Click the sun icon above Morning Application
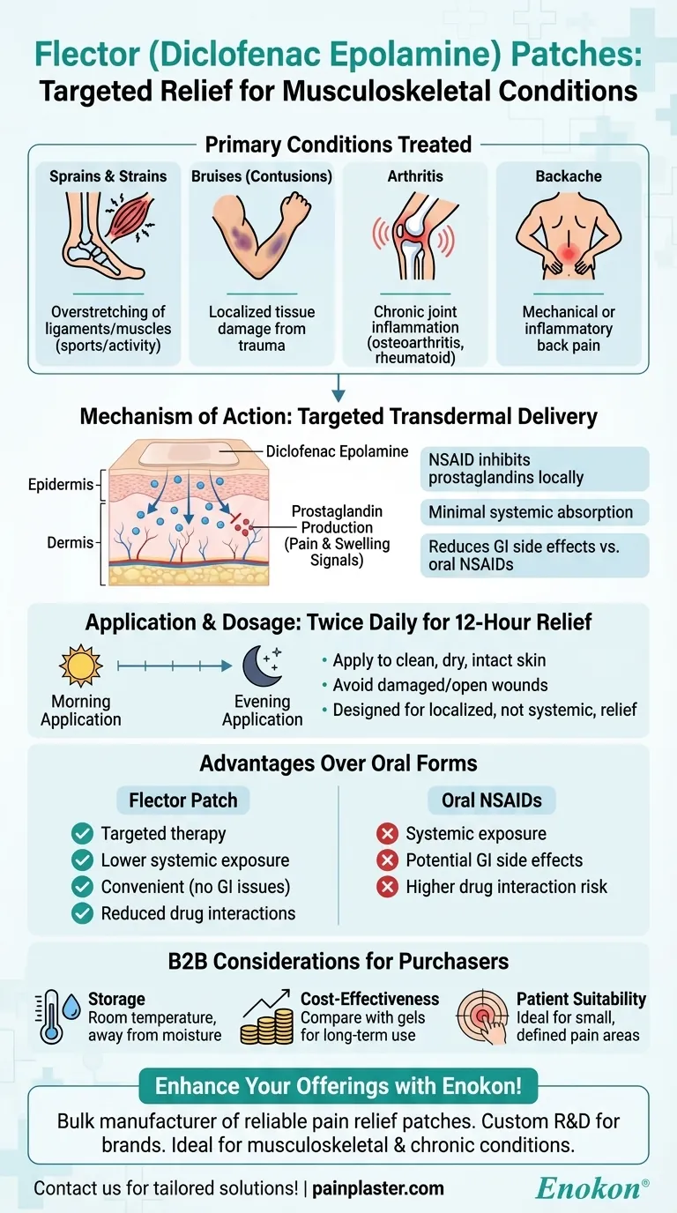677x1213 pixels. pos(81,666)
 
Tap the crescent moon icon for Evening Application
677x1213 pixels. pos(262,666)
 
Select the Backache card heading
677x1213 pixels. pos(569,176)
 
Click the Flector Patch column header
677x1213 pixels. pos(183,800)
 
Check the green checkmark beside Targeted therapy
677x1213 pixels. pos(83,833)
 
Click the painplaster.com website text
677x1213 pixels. pos(377,1189)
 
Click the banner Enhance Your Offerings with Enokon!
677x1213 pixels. pos(338,1086)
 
